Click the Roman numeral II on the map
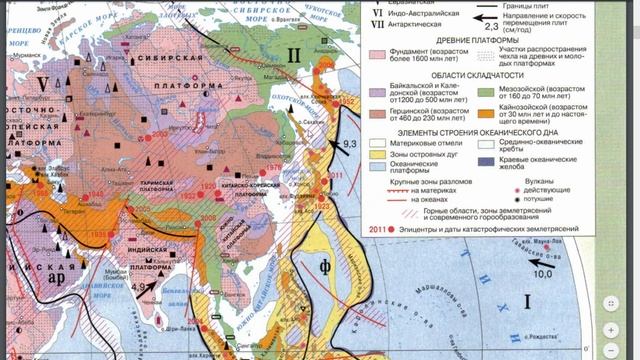[293, 52]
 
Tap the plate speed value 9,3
[350, 147]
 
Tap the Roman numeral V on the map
[42, 82]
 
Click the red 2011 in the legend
[376, 229]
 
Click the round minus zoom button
[611, 329]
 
